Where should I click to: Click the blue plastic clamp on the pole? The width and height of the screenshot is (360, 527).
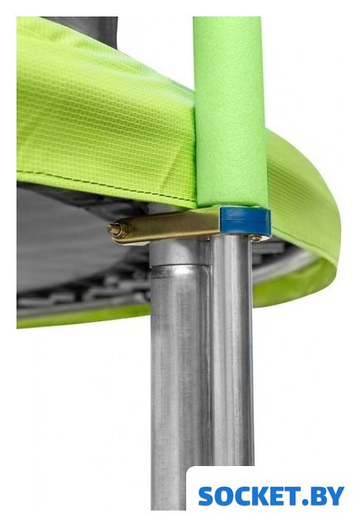(x=245, y=221)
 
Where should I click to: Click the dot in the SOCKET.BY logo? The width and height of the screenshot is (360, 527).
(x=305, y=502)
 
